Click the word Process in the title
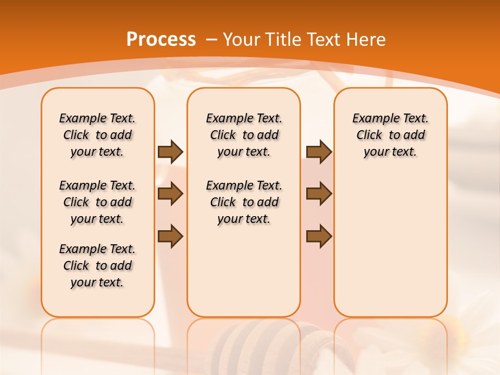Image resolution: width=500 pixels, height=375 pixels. click(161, 40)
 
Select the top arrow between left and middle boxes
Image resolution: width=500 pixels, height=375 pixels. click(170, 152)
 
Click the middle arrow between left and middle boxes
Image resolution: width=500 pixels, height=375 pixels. click(170, 194)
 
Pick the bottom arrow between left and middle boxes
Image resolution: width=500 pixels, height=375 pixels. click(170, 236)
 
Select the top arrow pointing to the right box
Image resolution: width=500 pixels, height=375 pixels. click(319, 152)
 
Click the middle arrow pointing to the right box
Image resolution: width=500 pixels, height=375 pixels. click(319, 194)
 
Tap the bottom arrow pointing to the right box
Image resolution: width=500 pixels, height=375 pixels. click(319, 236)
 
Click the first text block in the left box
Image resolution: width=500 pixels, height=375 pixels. click(97, 135)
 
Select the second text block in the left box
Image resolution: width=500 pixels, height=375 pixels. click(97, 202)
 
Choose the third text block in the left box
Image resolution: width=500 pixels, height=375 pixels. click(97, 266)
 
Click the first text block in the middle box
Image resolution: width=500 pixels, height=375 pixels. click(244, 135)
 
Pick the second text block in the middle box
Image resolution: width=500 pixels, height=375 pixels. click(244, 202)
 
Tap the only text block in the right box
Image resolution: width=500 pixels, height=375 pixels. click(391, 135)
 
